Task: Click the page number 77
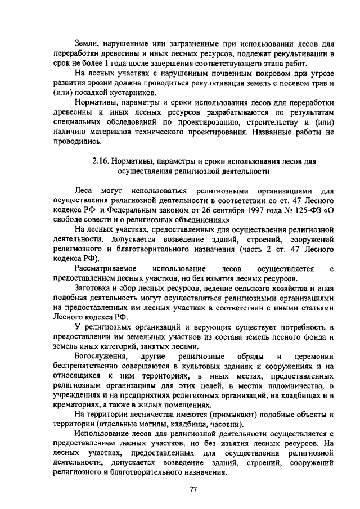pyautogui.click(x=192, y=489)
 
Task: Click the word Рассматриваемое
pyautogui.click(x=103, y=269)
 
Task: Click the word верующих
pyautogui.click(x=224, y=328)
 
